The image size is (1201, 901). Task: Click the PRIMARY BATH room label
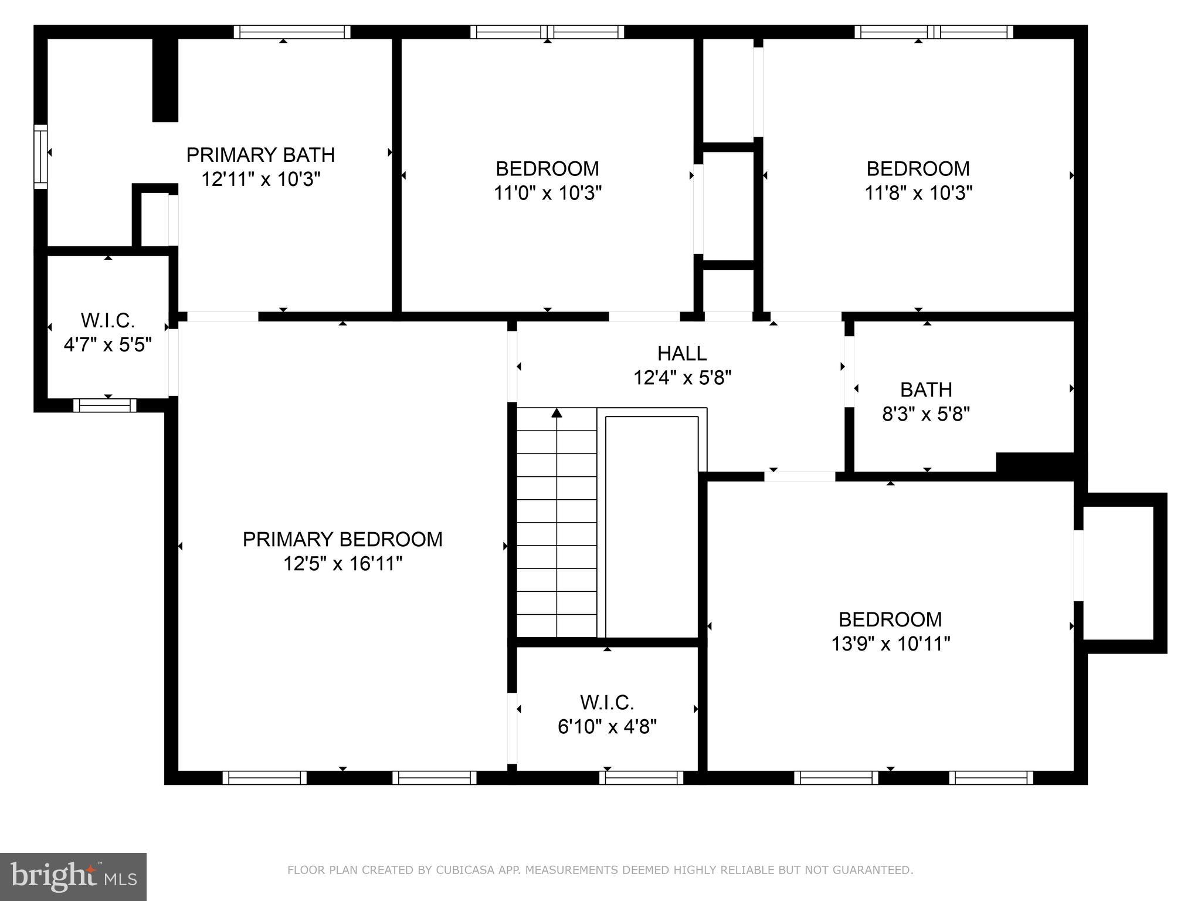(x=260, y=155)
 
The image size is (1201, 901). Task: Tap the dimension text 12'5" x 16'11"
(x=342, y=564)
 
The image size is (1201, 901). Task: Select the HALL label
(x=681, y=353)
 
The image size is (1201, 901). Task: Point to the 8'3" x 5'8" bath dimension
(x=926, y=415)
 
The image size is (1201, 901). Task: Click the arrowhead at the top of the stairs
(x=557, y=413)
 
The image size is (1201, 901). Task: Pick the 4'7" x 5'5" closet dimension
(x=108, y=345)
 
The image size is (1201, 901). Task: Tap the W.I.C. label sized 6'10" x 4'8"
(x=607, y=702)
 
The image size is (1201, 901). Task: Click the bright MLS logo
(x=73, y=877)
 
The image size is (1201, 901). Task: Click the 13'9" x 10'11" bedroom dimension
(x=890, y=644)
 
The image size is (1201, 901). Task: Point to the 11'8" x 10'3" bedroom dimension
(x=918, y=193)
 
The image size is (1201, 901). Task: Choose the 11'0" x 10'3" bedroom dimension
(x=547, y=193)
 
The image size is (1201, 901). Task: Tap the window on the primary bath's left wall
(x=40, y=157)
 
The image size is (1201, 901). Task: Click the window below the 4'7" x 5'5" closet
(x=105, y=405)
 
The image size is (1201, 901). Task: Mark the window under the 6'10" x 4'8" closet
(x=641, y=778)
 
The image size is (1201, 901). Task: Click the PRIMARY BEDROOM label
(x=342, y=539)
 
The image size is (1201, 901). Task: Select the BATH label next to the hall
(x=926, y=389)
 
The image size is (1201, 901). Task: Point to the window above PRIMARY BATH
(x=292, y=32)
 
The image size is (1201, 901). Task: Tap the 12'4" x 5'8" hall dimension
(x=682, y=378)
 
